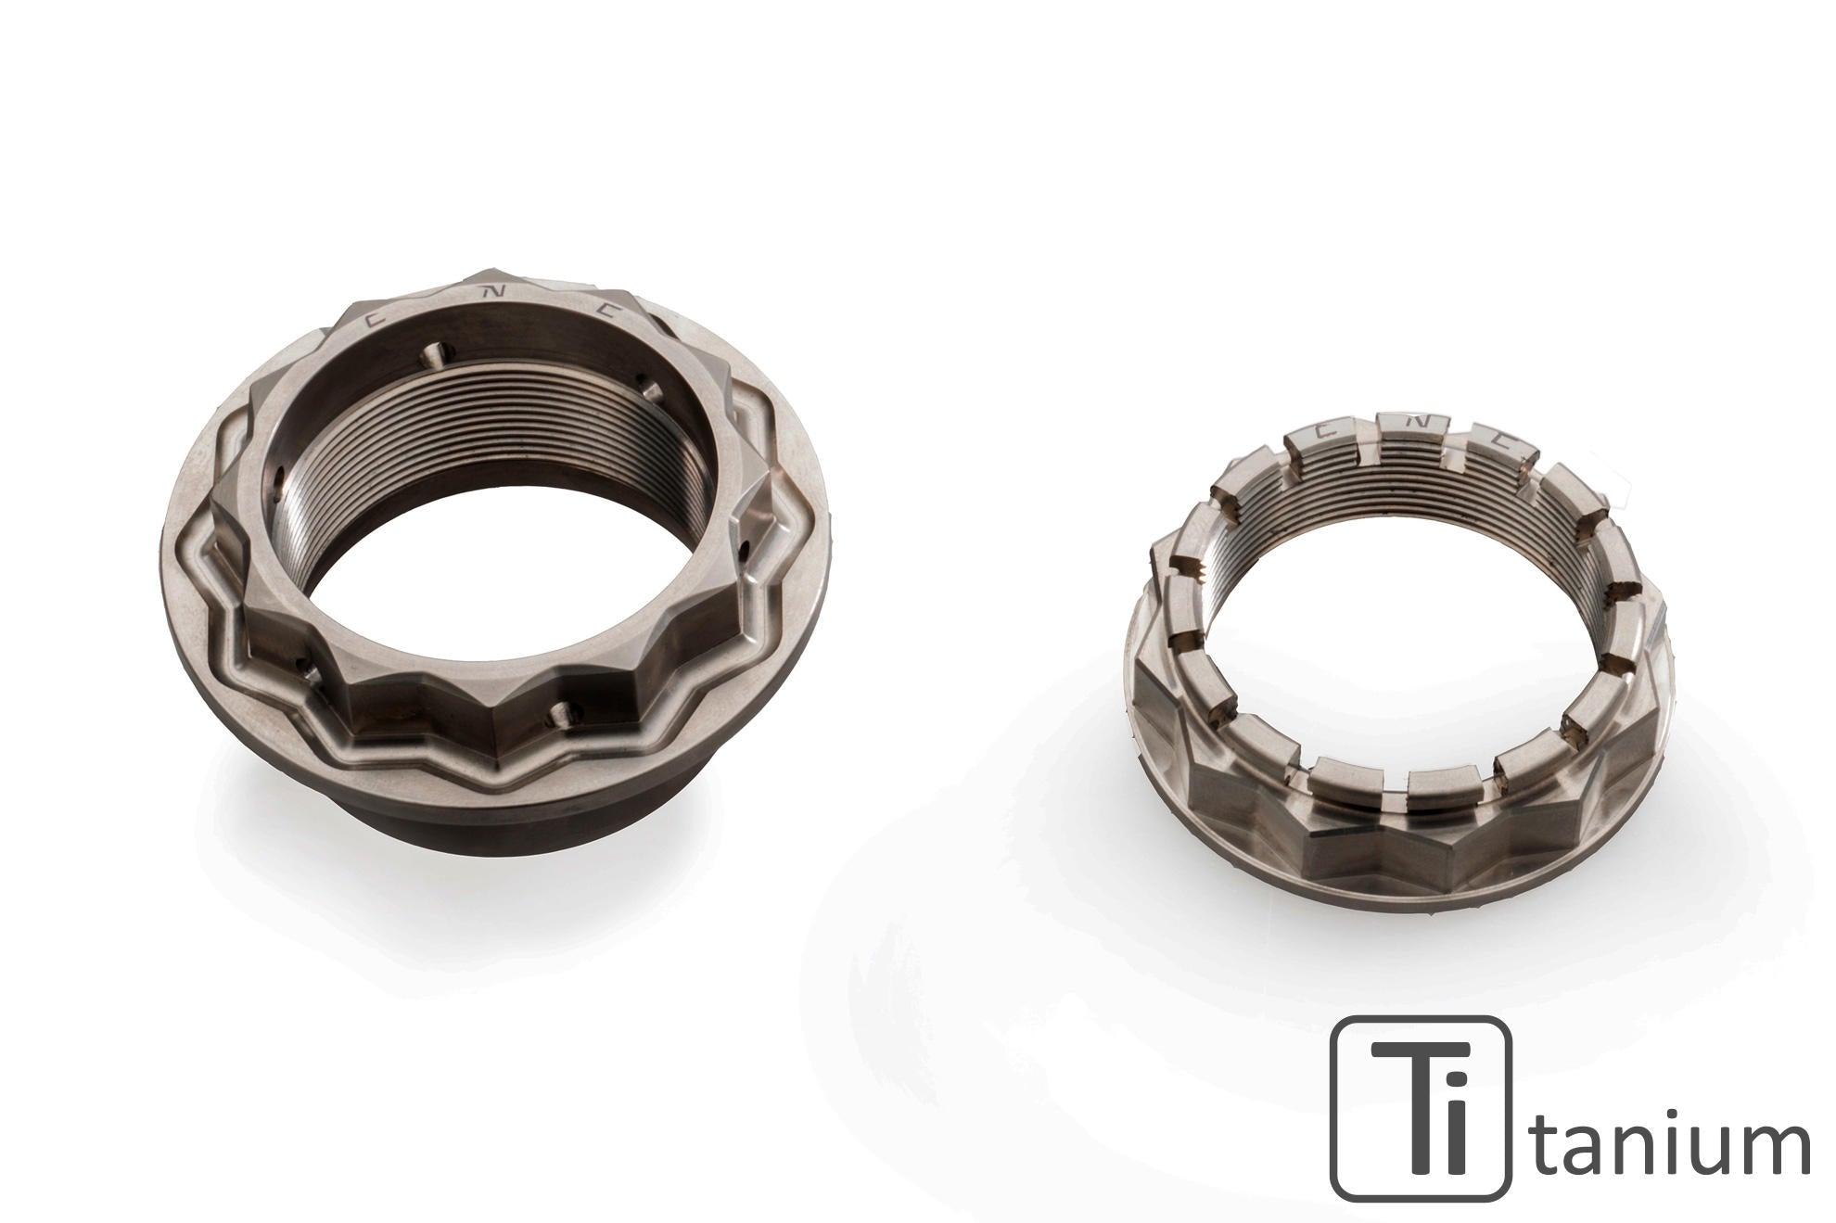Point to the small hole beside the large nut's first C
(436, 353)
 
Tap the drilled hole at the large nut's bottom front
(563, 712)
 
